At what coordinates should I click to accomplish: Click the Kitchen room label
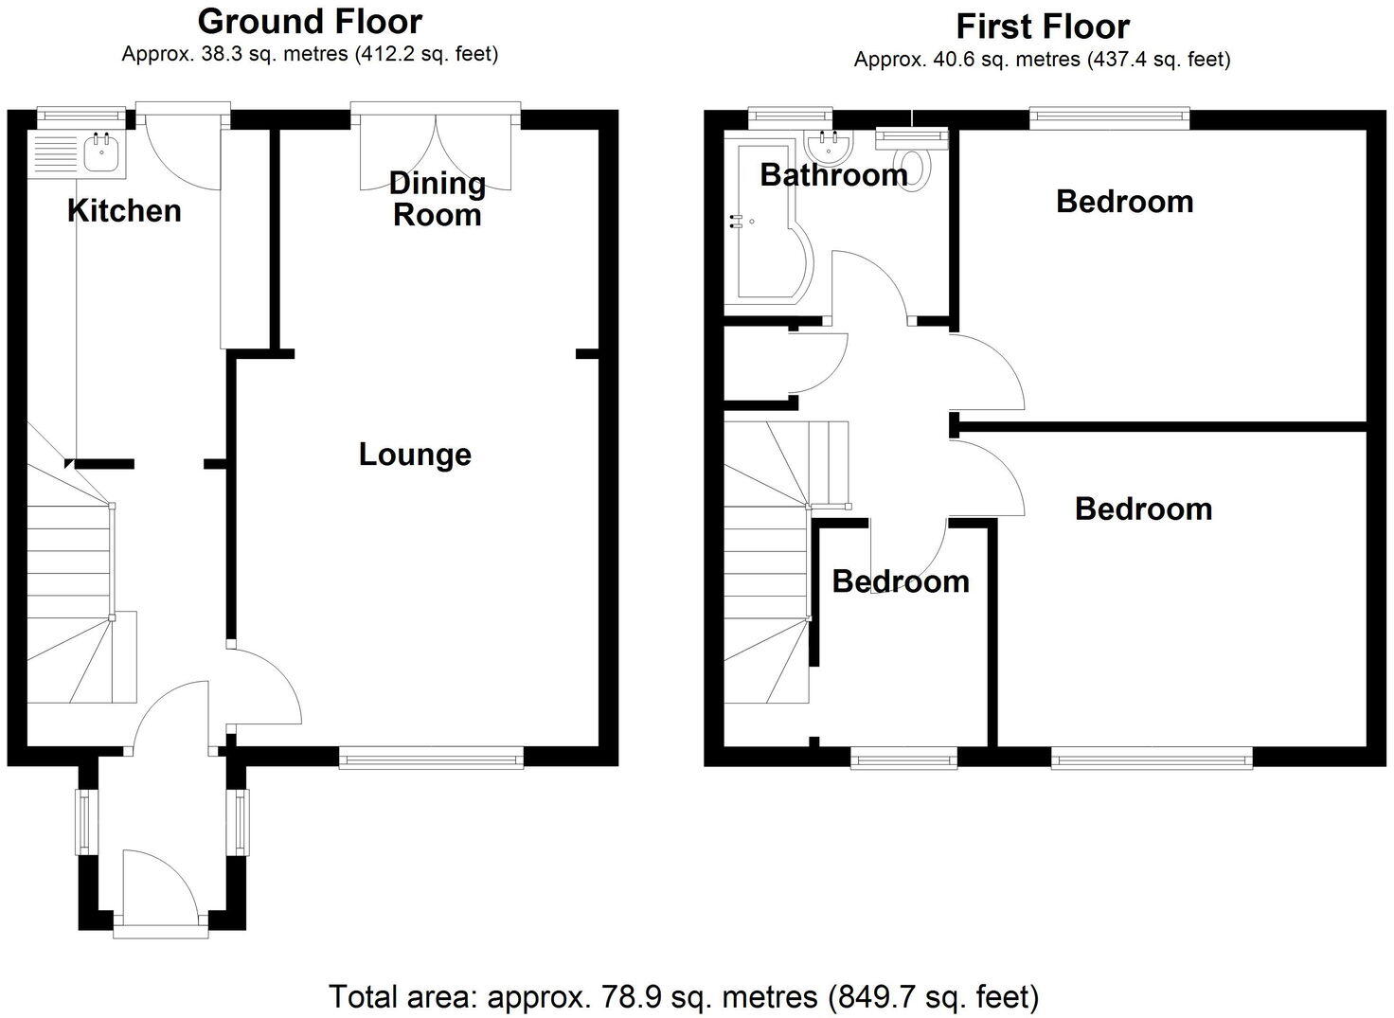pos(124,210)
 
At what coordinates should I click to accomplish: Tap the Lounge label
pos(415,455)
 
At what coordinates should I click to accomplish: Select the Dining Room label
pos(438,199)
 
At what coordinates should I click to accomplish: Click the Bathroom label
pos(833,175)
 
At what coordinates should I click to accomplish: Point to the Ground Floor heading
pos(310,21)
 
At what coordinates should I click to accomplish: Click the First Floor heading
pos(1042,26)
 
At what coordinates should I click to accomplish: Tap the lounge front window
pos(431,756)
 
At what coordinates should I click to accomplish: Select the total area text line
pos(684,996)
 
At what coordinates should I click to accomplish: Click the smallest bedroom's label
pos(901,581)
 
